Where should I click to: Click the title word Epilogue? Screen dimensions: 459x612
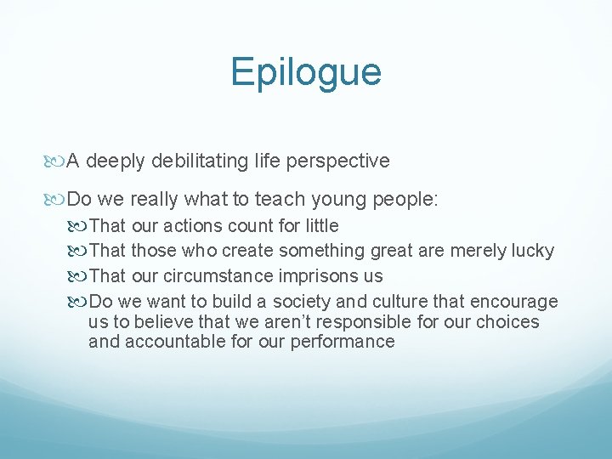tap(305, 73)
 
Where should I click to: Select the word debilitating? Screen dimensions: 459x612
tap(189, 160)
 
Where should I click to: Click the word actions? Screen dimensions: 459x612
tap(190, 226)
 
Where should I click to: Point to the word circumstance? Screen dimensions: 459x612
tap(218, 276)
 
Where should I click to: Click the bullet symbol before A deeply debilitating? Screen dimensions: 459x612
tap(58, 161)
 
